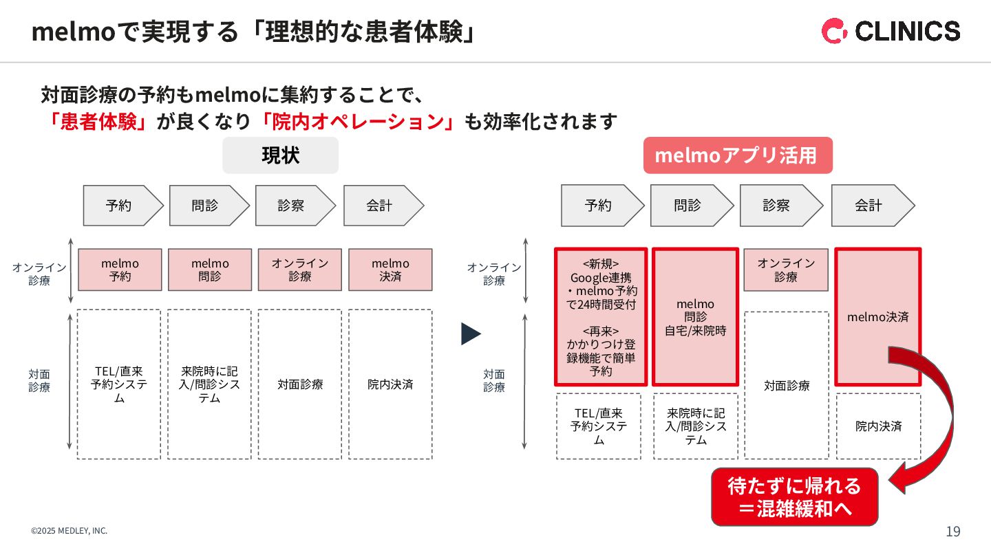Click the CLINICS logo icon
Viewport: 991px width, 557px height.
(835, 31)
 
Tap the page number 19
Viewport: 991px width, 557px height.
(953, 532)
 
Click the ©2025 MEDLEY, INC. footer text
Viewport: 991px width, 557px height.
(69, 531)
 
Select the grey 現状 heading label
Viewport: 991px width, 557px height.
(280, 155)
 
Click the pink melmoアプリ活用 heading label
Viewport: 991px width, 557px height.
(737, 155)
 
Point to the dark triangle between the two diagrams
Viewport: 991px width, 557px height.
(471, 334)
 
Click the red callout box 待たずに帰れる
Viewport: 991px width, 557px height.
(794, 497)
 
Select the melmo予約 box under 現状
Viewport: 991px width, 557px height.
(120, 270)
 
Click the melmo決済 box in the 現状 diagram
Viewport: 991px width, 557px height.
(390, 270)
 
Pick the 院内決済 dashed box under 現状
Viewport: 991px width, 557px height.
(390, 384)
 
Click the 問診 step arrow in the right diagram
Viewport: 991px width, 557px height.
(690, 206)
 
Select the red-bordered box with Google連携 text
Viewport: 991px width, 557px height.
(601, 317)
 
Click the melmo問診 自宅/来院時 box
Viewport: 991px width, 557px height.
(695, 317)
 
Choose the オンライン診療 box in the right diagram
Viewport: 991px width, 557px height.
(786, 270)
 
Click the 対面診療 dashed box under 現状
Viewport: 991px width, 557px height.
(299, 384)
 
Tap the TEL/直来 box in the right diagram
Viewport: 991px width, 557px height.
(598, 426)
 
